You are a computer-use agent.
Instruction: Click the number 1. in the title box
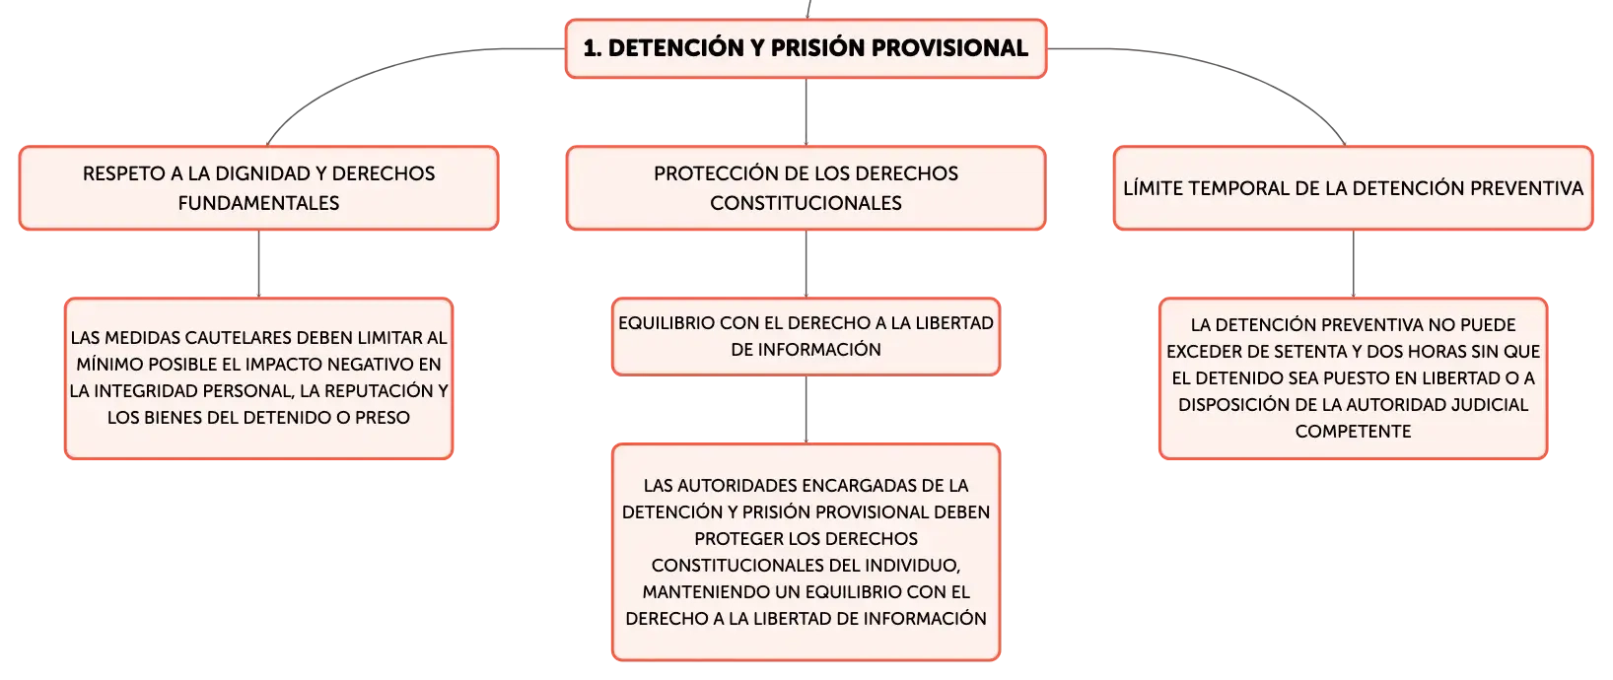tap(592, 48)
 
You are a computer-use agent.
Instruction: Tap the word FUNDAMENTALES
tap(258, 203)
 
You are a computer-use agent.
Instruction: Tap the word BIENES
tap(172, 417)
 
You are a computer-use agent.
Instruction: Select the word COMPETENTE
tap(1353, 431)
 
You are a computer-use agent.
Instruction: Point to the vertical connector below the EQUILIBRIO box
tap(806, 409)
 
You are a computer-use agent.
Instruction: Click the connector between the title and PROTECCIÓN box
tap(806, 111)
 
